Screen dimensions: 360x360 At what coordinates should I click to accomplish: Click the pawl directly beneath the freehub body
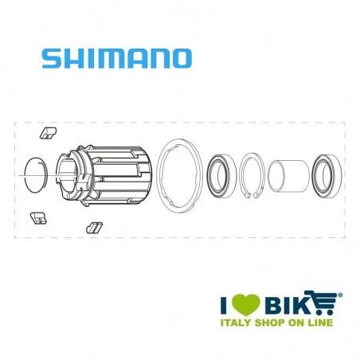(x=94, y=227)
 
